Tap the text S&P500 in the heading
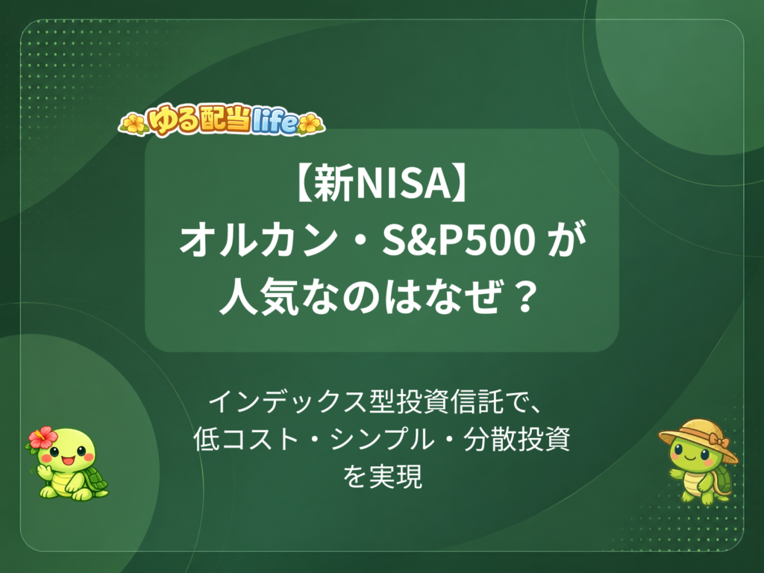tap(459, 242)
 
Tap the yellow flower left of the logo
tap(134, 124)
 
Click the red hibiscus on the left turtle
tap(43, 437)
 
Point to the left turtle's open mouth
tap(67, 460)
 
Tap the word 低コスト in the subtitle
tap(246, 439)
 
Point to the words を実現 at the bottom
tap(382, 477)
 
